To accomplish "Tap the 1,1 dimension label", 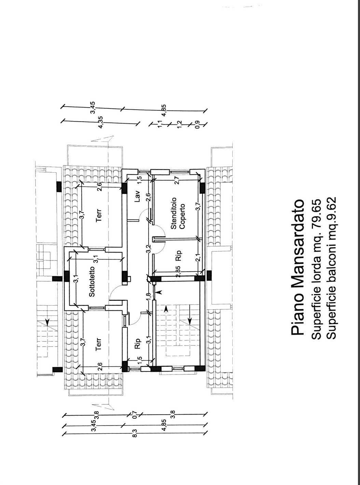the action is (x=160, y=124).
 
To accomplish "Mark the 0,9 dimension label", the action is (x=197, y=125).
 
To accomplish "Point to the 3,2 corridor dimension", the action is (x=149, y=249).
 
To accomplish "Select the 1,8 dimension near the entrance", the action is (x=149, y=297).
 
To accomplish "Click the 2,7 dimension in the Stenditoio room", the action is (x=177, y=180).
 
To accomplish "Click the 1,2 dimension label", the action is (x=179, y=124).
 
